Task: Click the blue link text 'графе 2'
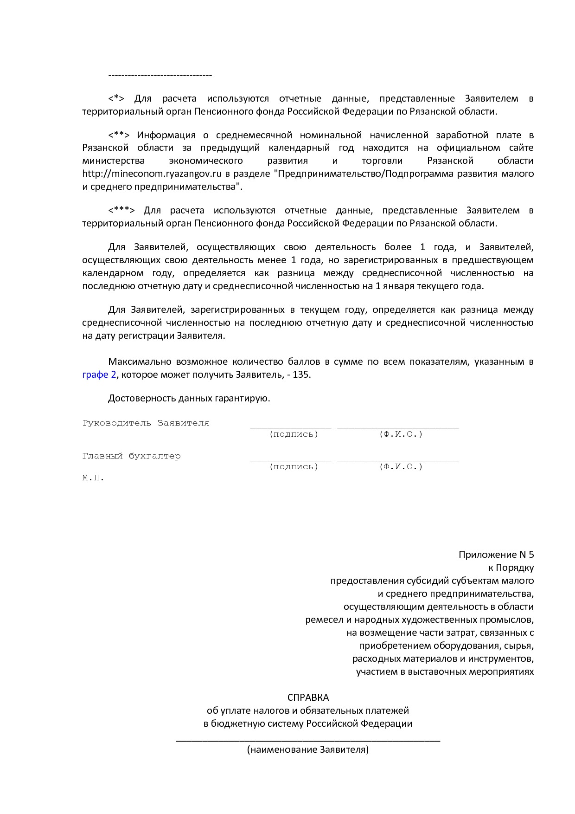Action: click(99, 375)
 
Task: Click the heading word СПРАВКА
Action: click(308, 698)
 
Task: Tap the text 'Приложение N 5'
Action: click(496, 555)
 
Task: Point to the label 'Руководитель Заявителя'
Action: click(146, 423)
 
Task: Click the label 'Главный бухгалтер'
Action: click(131, 456)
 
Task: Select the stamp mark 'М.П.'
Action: click(93, 478)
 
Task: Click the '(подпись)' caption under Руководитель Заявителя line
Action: click(294, 434)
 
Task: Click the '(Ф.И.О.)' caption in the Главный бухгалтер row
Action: click(401, 467)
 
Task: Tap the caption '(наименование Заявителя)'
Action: click(308, 749)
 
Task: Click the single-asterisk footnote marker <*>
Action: click(116, 99)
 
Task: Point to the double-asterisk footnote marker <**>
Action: click(119, 136)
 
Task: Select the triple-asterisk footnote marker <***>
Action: click(121, 211)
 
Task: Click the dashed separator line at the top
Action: click(160, 75)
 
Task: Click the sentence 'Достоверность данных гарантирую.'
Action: click(189, 398)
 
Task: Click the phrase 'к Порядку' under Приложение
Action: click(511, 568)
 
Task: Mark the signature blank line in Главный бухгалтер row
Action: click(290, 460)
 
